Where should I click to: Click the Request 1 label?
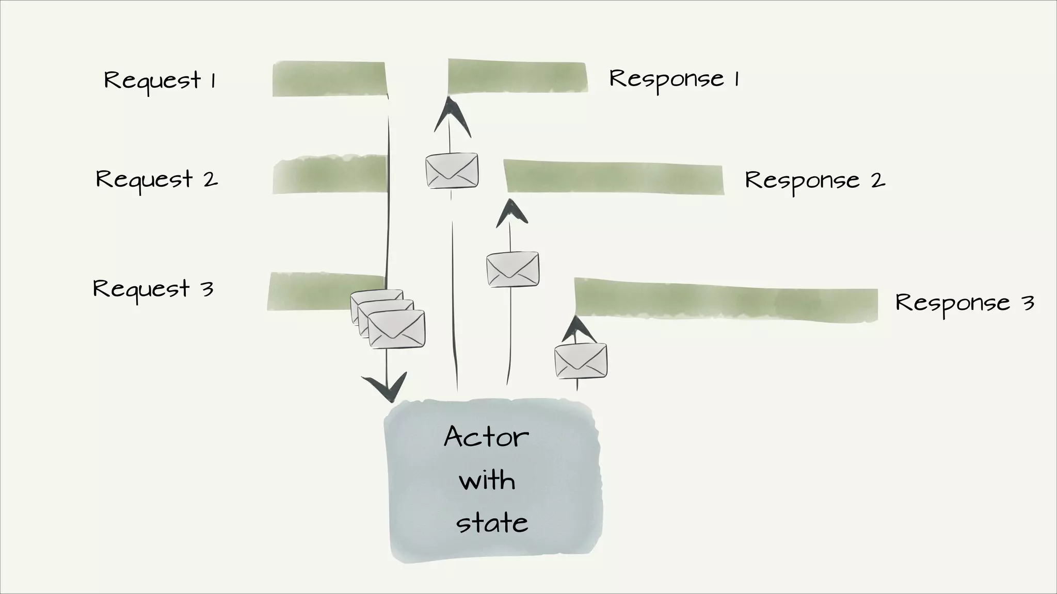coord(159,80)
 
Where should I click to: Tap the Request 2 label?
coord(156,179)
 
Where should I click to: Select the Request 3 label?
coord(153,289)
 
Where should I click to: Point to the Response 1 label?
coord(674,79)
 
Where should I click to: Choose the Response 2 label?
coord(815,180)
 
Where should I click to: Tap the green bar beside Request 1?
coord(329,79)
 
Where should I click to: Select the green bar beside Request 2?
coord(329,175)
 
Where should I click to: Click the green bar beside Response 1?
coord(518,76)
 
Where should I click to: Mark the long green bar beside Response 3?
coord(725,300)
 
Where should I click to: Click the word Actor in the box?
coord(486,437)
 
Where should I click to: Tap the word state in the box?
coord(492,523)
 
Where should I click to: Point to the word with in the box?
coord(487,481)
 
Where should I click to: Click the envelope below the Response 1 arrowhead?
coord(452,170)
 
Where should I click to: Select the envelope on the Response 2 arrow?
coord(513,269)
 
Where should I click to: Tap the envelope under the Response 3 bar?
coord(581,360)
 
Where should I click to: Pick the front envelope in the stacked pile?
coord(396,329)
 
